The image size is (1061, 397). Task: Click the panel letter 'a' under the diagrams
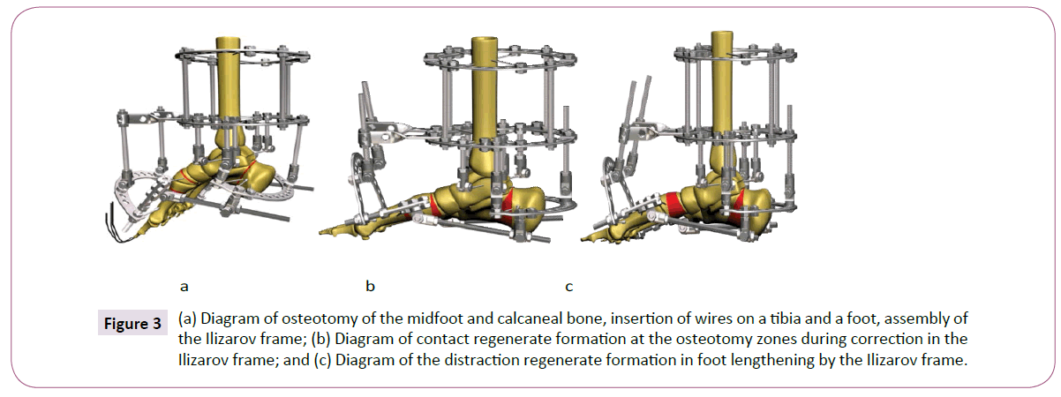[184, 286]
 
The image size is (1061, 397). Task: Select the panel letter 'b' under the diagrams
[371, 286]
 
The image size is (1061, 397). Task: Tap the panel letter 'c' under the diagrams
[569, 286]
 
